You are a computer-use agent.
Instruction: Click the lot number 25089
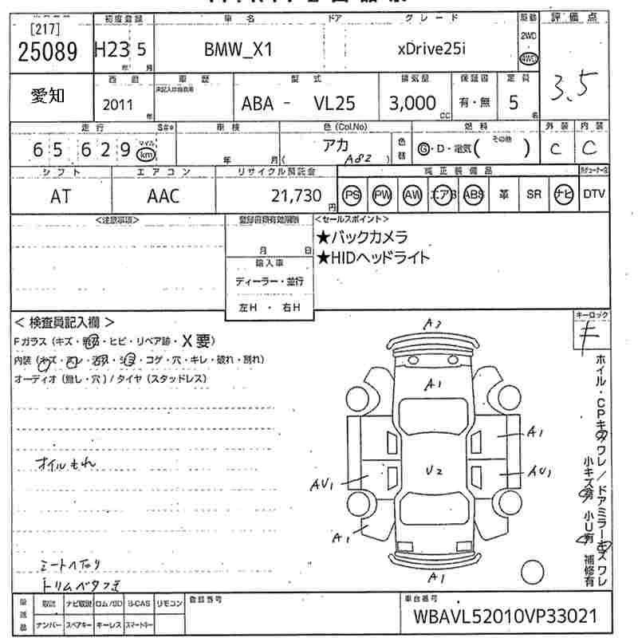click(x=47, y=52)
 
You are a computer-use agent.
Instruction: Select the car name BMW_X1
click(x=238, y=49)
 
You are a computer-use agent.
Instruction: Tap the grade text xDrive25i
click(x=431, y=49)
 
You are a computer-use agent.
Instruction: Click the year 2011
click(x=119, y=104)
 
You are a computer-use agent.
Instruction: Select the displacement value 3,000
click(x=412, y=103)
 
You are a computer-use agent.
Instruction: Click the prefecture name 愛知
click(x=48, y=96)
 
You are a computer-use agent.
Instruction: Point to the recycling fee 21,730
click(x=297, y=196)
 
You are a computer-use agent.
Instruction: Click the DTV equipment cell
click(x=594, y=194)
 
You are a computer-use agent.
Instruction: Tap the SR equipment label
click(x=534, y=195)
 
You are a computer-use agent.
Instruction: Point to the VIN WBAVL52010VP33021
click(x=505, y=616)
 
